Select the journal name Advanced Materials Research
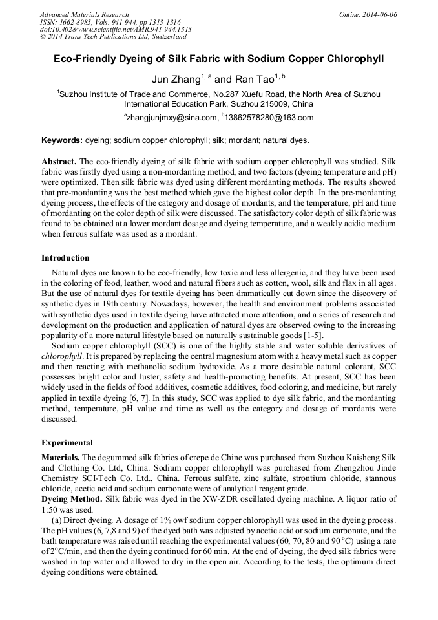click(x=85, y=14)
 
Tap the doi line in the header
click(x=116, y=30)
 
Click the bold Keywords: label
click(x=62, y=140)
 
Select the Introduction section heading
click(x=65, y=258)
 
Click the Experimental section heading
click(x=67, y=443)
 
